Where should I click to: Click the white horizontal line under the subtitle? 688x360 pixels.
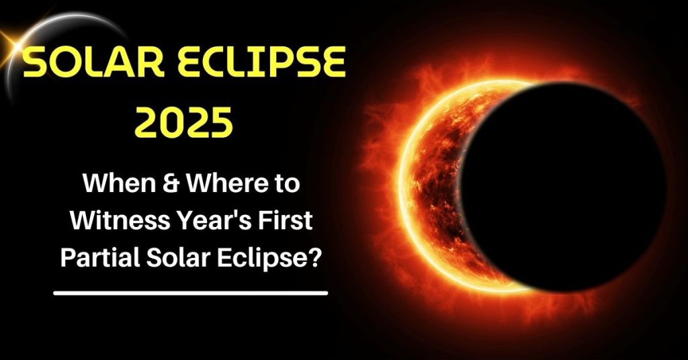click(x=190, y=293)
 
